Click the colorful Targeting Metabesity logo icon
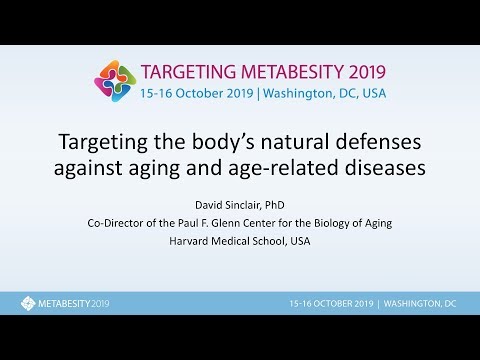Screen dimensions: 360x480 coord(116,81)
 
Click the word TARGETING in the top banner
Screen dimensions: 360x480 coord(188,73)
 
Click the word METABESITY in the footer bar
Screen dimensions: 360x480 coord(62,303)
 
